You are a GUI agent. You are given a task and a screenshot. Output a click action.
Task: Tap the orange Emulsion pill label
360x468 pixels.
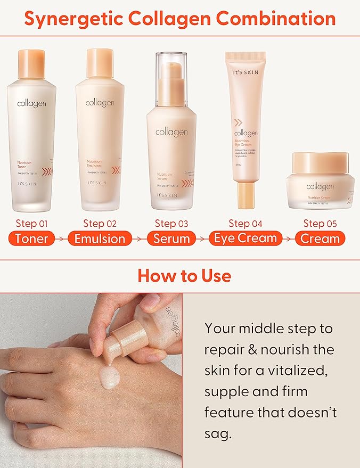(x=100, y=239)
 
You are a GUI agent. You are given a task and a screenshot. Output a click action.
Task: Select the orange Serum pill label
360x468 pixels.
(x=171, y=239)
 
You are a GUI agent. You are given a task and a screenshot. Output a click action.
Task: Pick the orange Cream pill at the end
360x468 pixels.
(x=320, y=239)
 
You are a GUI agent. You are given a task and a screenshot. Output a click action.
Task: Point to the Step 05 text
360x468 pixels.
(x=321, y=223)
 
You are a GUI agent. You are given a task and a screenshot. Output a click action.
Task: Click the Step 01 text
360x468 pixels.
(x=32, y=223)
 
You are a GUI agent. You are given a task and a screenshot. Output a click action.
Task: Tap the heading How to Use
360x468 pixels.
(x=184, y=275)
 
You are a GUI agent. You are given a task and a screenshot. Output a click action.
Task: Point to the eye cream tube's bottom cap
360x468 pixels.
(x=246, y=194)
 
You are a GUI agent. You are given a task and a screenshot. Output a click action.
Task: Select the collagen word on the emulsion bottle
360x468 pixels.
(x=100, y=102)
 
